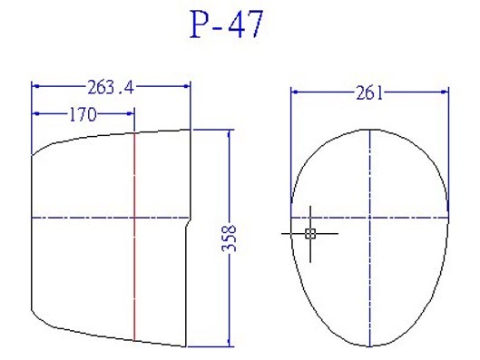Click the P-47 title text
227,24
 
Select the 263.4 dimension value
111,87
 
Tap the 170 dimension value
83,114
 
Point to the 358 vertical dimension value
229,238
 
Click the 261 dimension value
369,92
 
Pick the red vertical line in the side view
134,237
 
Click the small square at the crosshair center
310,234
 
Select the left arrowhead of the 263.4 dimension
35,86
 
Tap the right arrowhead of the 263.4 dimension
186,86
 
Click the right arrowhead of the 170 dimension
131,113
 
